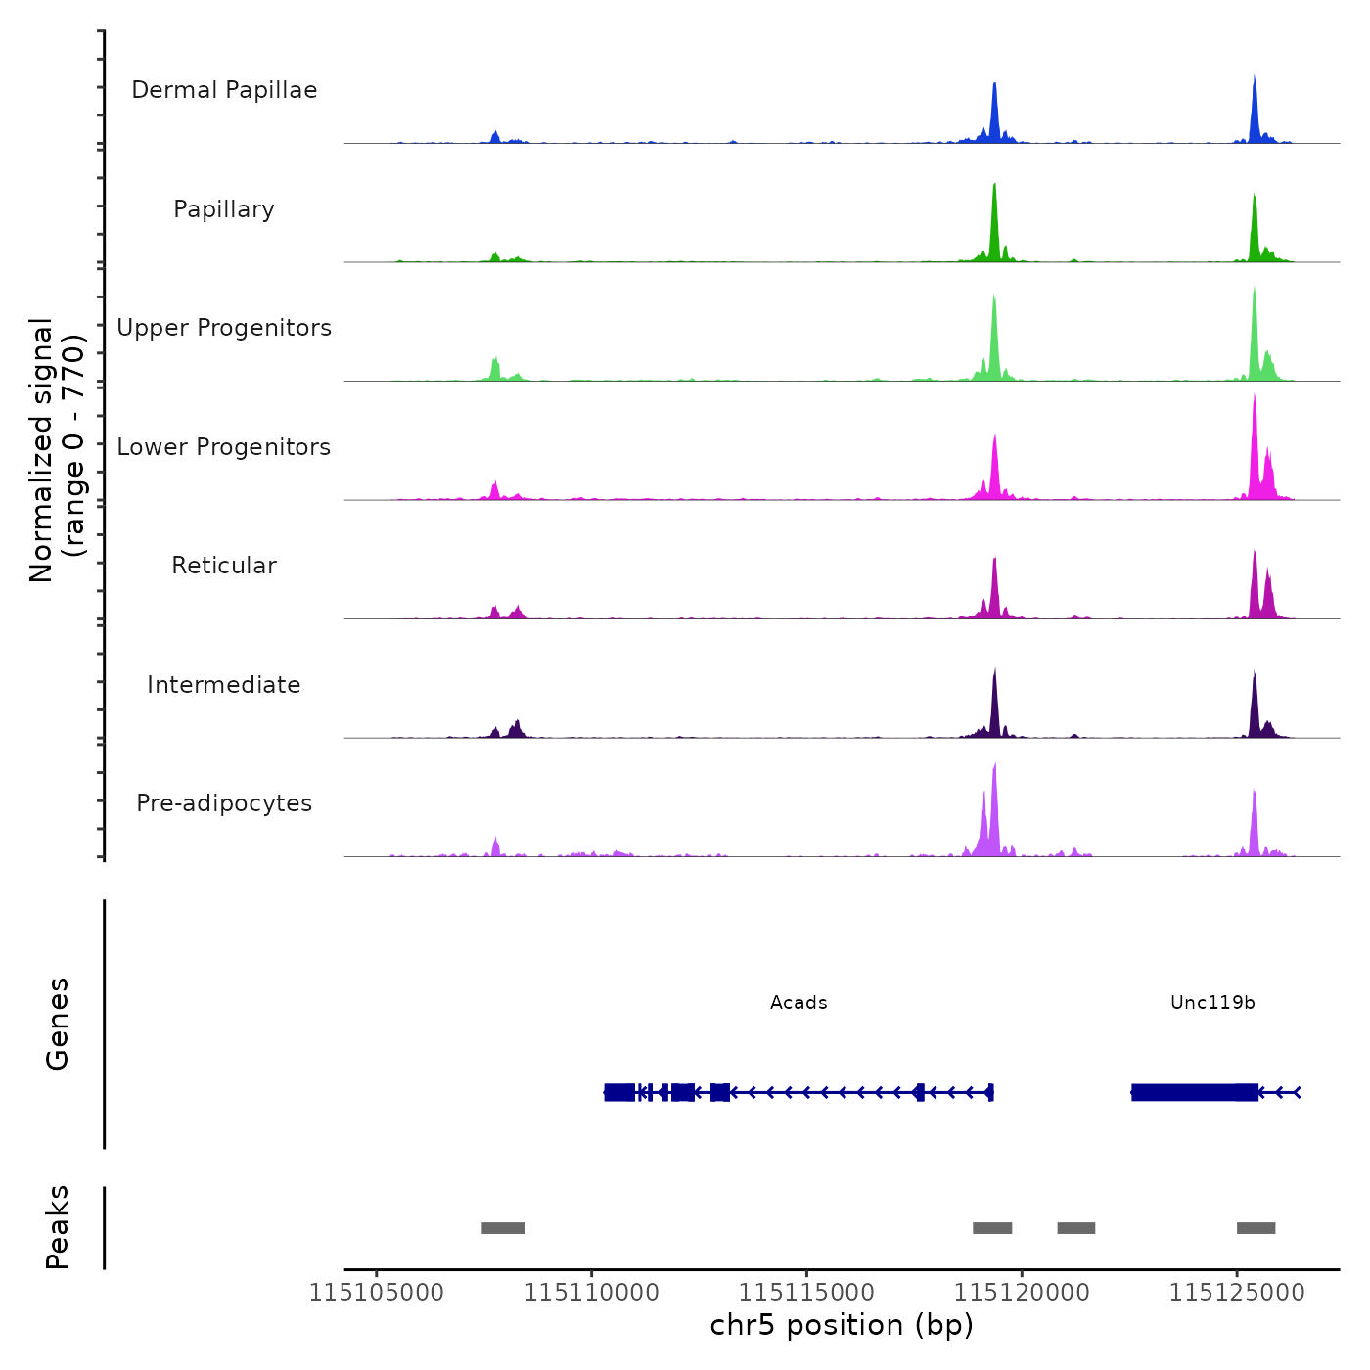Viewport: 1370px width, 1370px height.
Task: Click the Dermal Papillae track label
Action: [224, 90]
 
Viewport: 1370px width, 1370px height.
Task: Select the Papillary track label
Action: [224, 209]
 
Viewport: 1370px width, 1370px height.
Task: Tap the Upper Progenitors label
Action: [224, 328]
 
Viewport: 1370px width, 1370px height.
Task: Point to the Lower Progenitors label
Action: [224, 447]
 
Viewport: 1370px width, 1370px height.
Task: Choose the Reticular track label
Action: [224, 566]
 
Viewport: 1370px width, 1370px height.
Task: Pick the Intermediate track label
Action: [224, 685]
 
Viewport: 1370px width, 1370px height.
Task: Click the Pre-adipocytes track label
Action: [224, 803]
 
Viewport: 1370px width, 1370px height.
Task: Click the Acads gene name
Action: [799, 1003]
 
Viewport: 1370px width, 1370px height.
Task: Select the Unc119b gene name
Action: [1212, 1003]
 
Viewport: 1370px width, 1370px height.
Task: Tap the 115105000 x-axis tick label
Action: [377, 1293]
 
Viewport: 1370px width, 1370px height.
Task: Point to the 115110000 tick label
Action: [592, 1293]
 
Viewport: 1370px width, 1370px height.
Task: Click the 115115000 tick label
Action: [807, 1293]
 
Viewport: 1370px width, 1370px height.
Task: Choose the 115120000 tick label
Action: [1022, 1293]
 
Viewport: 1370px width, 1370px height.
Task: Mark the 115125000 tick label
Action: [1237, 1293]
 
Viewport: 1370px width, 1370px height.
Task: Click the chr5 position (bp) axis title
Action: [842, 1326]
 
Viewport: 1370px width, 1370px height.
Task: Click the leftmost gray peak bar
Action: [503, 1228]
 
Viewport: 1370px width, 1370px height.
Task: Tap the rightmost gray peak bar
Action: [1256, 1228]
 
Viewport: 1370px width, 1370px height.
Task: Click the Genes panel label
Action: [58, 1024]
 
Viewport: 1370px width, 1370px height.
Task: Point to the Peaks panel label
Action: [58, 1227]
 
